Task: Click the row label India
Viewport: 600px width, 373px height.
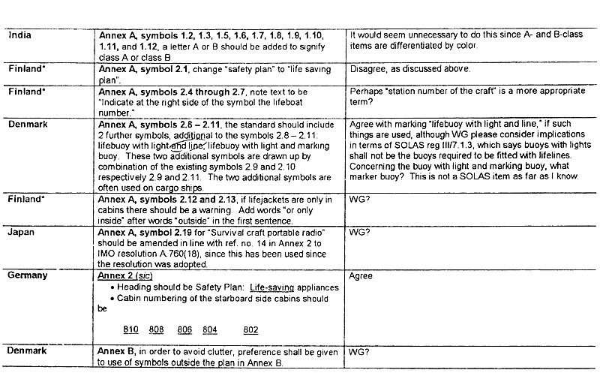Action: [x=21, y=35]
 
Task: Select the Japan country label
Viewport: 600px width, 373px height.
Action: [x=22, y=233]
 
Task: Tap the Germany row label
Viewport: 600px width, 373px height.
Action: [x=28, y=275]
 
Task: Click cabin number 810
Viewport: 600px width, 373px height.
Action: [x=132, y=330]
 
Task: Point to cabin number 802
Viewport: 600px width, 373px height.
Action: [x=250, y=330]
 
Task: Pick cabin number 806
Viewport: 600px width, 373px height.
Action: [x=184, y=330]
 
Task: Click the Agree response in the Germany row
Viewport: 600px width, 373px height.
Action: [x=361, y=276]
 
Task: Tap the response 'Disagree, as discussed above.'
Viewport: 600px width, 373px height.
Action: [x=410, y=69]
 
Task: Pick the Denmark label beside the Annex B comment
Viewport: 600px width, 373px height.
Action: [x=28, y=350]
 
